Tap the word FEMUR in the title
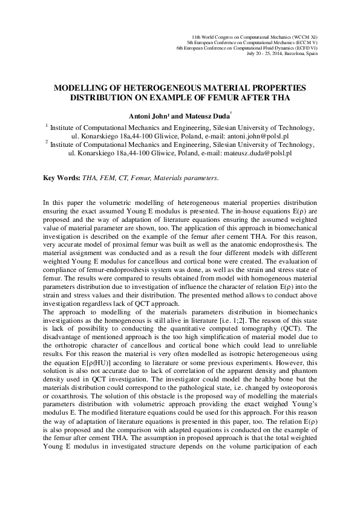242,97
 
